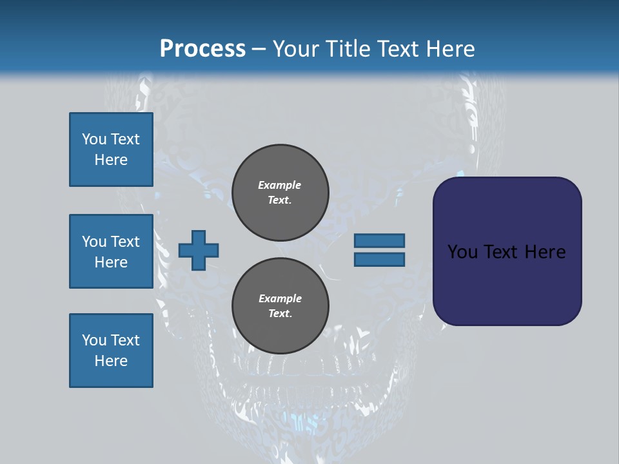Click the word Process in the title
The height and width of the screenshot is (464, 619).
(x=202, y=49)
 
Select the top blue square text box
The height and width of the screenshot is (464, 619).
(x=111, y=150)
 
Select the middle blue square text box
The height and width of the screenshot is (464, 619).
(x=111, y=251)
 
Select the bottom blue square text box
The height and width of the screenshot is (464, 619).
(x=111, y=351)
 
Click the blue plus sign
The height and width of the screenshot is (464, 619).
(x=199, y=250)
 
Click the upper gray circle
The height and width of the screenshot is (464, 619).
(x=280, y=193)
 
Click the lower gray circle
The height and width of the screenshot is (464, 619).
(x=280, y=306)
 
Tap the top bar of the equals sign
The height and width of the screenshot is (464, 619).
(x=379, y=240)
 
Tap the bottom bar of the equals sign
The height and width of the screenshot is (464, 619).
(x=379, y=260)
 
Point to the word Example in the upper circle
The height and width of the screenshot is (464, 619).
(x=280, y=185)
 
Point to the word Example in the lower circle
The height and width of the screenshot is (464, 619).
(x=280, y=298)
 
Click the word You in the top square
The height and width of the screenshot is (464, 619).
(x=93, y=139)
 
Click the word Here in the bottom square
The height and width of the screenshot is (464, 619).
(x=111, y=361)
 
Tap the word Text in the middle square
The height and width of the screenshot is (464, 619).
(x=125, y=242)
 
